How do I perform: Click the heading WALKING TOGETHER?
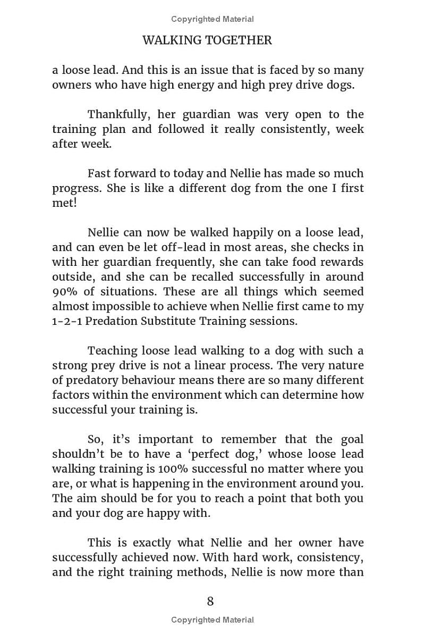coord(207,40)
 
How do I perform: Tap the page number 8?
coord(210,601)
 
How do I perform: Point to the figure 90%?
coord(64,292)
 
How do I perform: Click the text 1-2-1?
coord(64,321)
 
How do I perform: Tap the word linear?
coord(237,366)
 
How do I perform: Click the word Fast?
coord(99,173)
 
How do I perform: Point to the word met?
coord(64,203)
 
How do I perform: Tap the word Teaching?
coord(112,351)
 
